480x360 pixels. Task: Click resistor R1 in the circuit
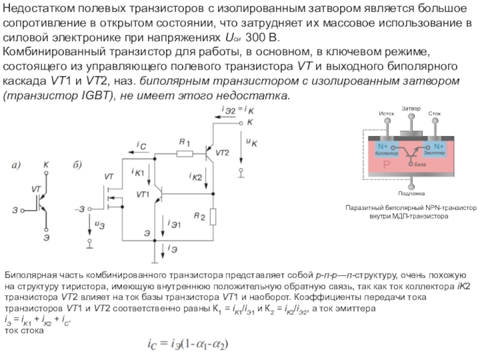[x=184, y=154]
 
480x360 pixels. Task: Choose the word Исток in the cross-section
[x=386, y=113]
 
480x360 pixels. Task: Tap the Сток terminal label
[x=434, y=113]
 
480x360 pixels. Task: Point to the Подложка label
[x=410, y=193]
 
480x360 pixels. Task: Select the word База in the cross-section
[x=419, y=163]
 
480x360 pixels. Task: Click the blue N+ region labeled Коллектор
[x=385, y=149]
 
